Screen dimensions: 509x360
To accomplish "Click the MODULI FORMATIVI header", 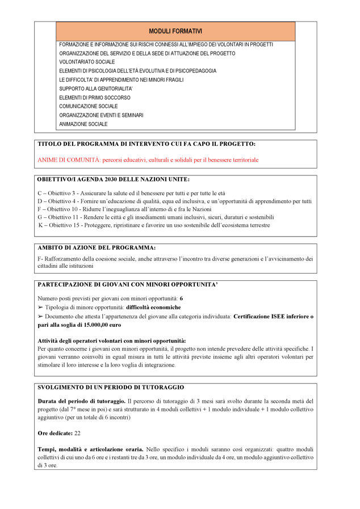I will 175,31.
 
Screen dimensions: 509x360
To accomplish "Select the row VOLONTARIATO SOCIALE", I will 87,62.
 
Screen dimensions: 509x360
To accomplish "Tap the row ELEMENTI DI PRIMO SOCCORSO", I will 95,98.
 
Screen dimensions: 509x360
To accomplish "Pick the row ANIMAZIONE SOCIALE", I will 83,124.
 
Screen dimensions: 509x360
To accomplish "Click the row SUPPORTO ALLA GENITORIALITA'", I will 96,89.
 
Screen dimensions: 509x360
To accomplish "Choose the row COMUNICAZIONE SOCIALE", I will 89,106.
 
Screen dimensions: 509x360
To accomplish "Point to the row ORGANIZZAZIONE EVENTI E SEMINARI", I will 101,115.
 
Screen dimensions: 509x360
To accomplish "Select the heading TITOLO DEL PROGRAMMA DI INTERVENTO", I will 146,144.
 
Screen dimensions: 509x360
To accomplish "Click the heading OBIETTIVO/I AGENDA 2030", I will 109,180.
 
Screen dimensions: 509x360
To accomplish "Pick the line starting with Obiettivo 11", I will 156,217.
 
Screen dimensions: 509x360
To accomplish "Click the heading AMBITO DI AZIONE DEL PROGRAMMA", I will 97,248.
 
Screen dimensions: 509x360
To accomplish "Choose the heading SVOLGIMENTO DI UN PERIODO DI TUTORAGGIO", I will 111,387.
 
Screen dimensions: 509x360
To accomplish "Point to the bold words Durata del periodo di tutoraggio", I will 81,401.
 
